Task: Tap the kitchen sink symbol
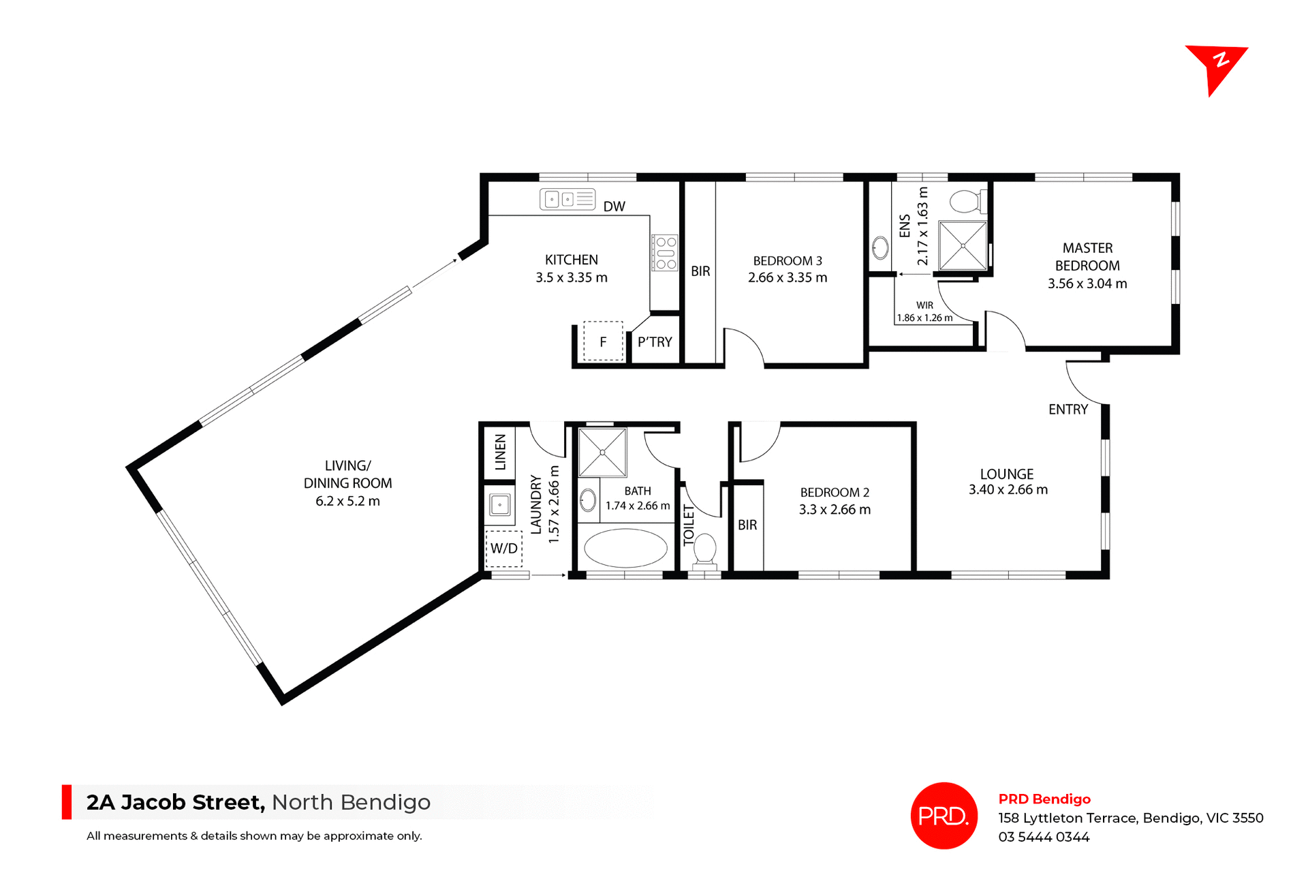tap(567, 199)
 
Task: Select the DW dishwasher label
tap(614, 206)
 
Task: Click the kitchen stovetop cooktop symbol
tap(665, 253)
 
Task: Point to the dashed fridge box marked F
tap(603, 341)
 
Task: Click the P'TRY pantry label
tap(655, 342)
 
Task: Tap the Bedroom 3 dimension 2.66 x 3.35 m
tap(788, 278)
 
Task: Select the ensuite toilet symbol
tap(965, 202)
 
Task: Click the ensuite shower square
tap(963, 245)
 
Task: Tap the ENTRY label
tap(1068, 410)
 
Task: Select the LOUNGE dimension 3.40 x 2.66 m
tap(1008, 490)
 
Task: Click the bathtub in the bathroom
tap(625, 549)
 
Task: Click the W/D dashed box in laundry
tap(504, 549)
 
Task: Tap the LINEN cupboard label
tap(501, 452)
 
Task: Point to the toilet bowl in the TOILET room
tap(704, 549)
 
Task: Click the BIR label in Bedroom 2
tap(747, 525)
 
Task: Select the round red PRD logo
tap(944, 816)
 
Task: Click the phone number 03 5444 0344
tap(1044, 837)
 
